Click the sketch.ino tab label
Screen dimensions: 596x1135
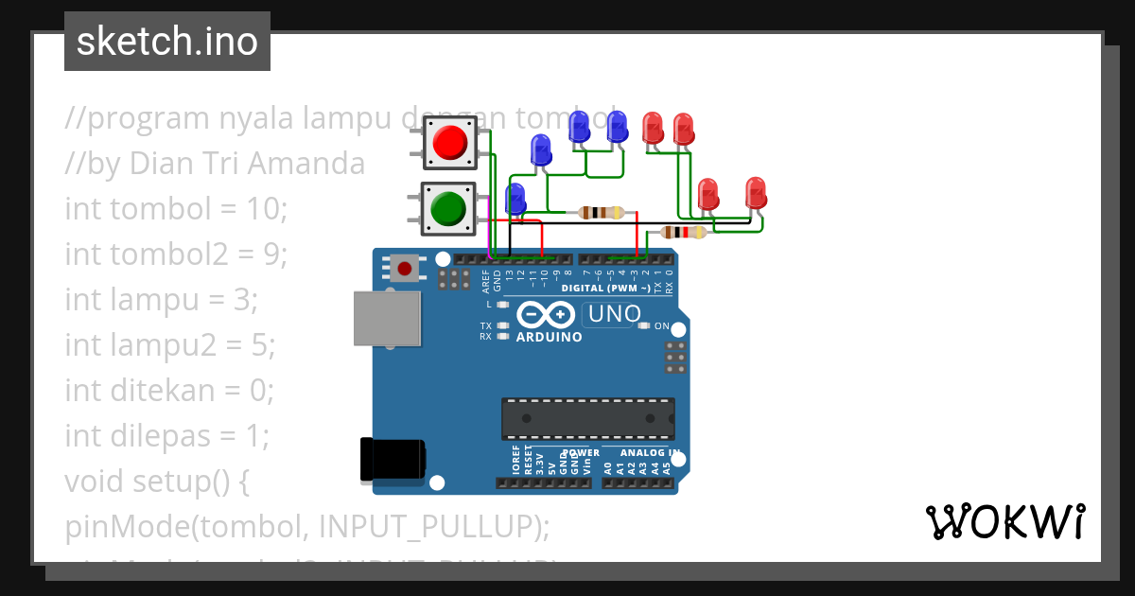[x=166, y=42]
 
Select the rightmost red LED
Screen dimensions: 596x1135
[x=755, y=192]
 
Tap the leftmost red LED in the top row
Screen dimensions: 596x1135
[x=653, y=127]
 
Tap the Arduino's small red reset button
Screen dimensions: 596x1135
[x=405, y=269]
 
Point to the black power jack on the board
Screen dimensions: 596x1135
[x=392, y=460]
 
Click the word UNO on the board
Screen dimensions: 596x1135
[x=614, y=314]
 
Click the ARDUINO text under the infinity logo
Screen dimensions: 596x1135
[x=549, y=336]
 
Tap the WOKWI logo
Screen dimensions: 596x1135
[x=1004, y=521]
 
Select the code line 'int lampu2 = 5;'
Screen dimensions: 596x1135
[x=170, y=345]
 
